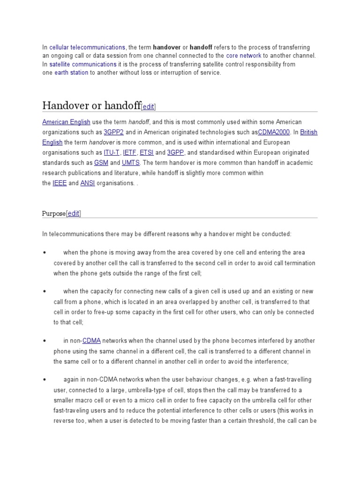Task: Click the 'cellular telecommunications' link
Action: (x=87, y=47)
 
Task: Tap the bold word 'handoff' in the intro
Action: (x=201, y=47)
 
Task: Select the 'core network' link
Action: (x=244, y=56)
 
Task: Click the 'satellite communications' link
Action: (x=83, y=64)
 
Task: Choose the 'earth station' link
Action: (x=71, y=73)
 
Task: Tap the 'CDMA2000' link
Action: (x=277, y=132)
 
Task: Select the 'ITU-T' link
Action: (x=112, y=153)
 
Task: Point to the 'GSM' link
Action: (x=101, y=163)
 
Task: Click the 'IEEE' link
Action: (x=60, y=183)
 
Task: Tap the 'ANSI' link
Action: (x=88, y=183)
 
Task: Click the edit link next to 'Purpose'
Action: (x=74, y=214)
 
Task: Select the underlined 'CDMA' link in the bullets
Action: (x=91, y=341)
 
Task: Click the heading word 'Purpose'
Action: (x=54, y=214)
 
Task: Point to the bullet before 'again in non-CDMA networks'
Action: (x=44, y=379)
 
